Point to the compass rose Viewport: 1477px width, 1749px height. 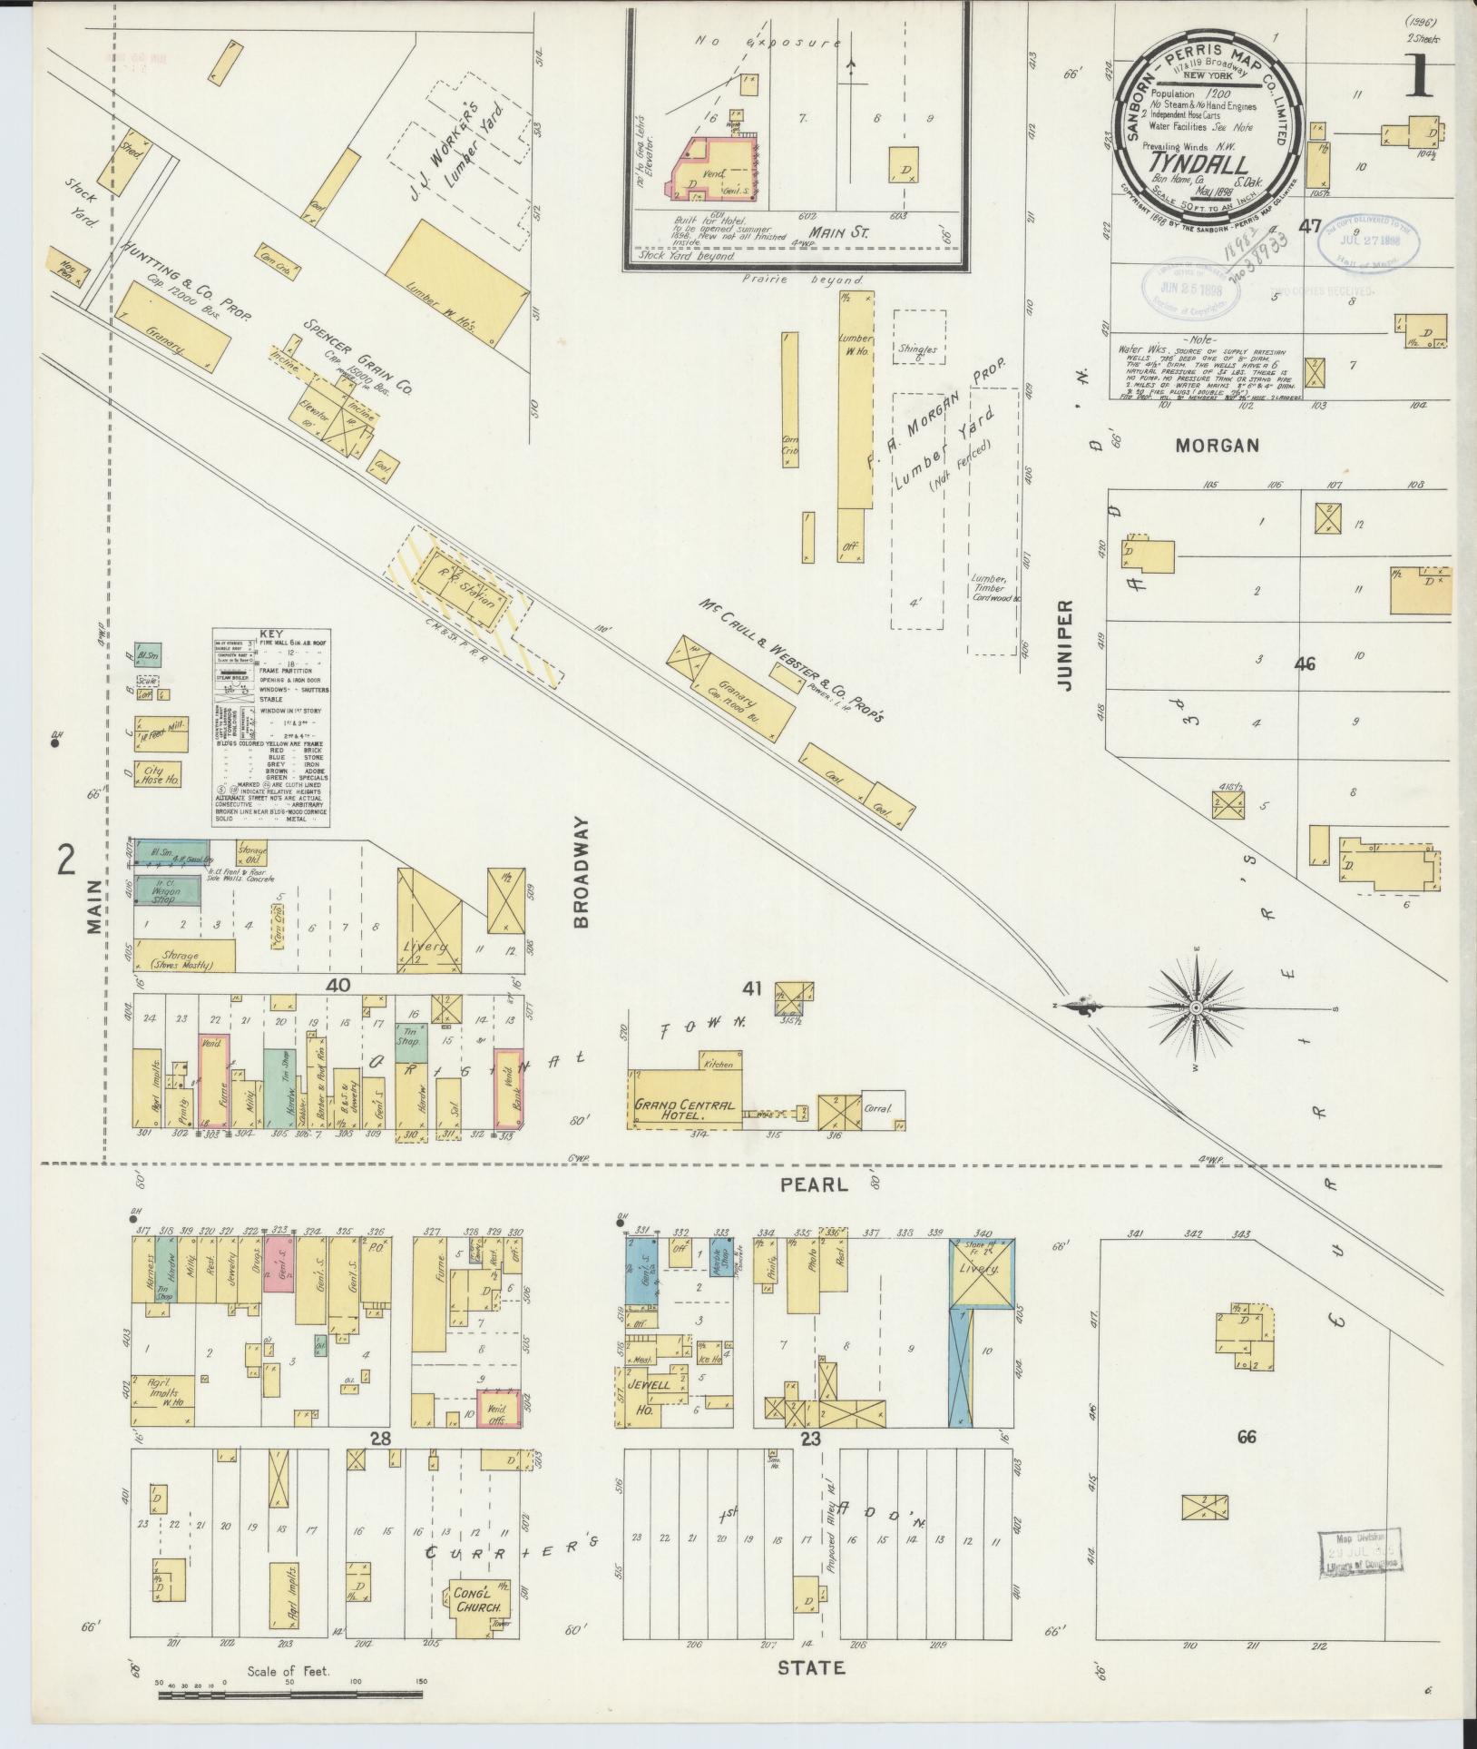1196,1008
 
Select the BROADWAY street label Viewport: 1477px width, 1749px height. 582,871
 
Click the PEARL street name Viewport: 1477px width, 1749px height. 814,1184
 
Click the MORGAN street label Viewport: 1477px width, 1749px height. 1218,445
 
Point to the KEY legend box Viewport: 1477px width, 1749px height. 271,728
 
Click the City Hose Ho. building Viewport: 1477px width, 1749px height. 159,774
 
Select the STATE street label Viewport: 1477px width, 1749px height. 813,1667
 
